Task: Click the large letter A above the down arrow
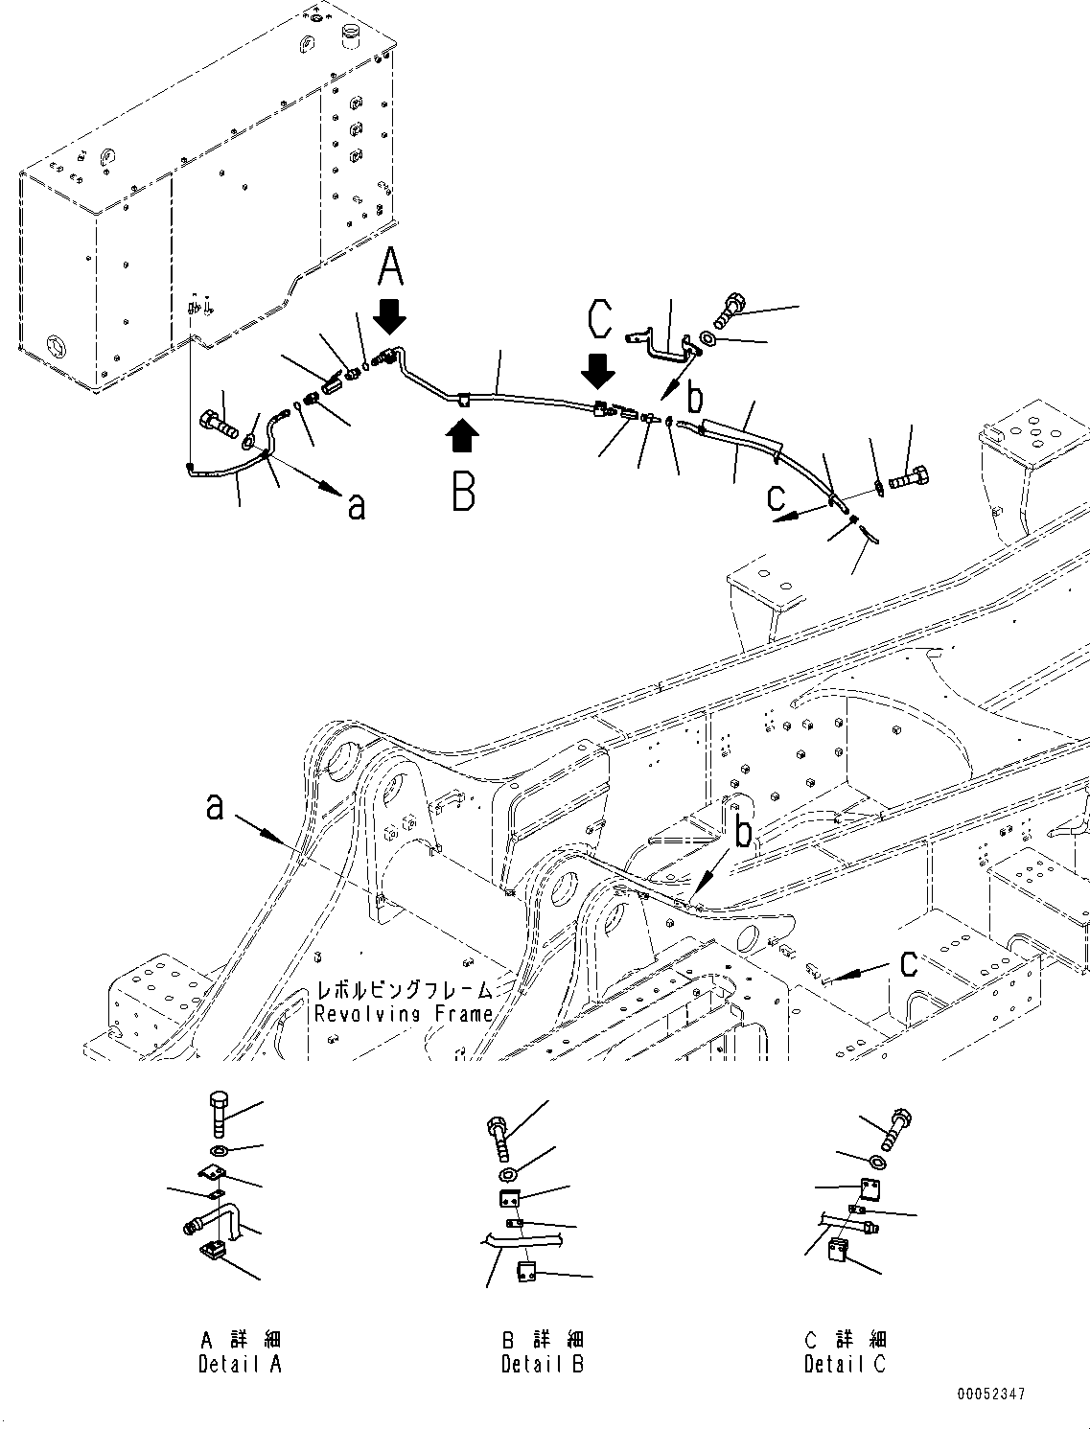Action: (x=390, y=267)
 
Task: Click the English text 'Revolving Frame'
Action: (x=404, y=1014)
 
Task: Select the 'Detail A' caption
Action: (x=240, y=1363)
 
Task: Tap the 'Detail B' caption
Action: (x=542, y=1363)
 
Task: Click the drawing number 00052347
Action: (x=989, y=1394)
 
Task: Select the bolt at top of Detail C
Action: (x=899, y=1128)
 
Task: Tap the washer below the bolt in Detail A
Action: (x=219, y=1150)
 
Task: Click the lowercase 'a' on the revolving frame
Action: (x=215, y=807)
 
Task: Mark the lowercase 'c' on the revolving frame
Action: (x=907, y=963)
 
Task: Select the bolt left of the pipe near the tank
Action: (x=219, y=422)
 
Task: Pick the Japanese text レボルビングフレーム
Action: (x=406, y=990)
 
